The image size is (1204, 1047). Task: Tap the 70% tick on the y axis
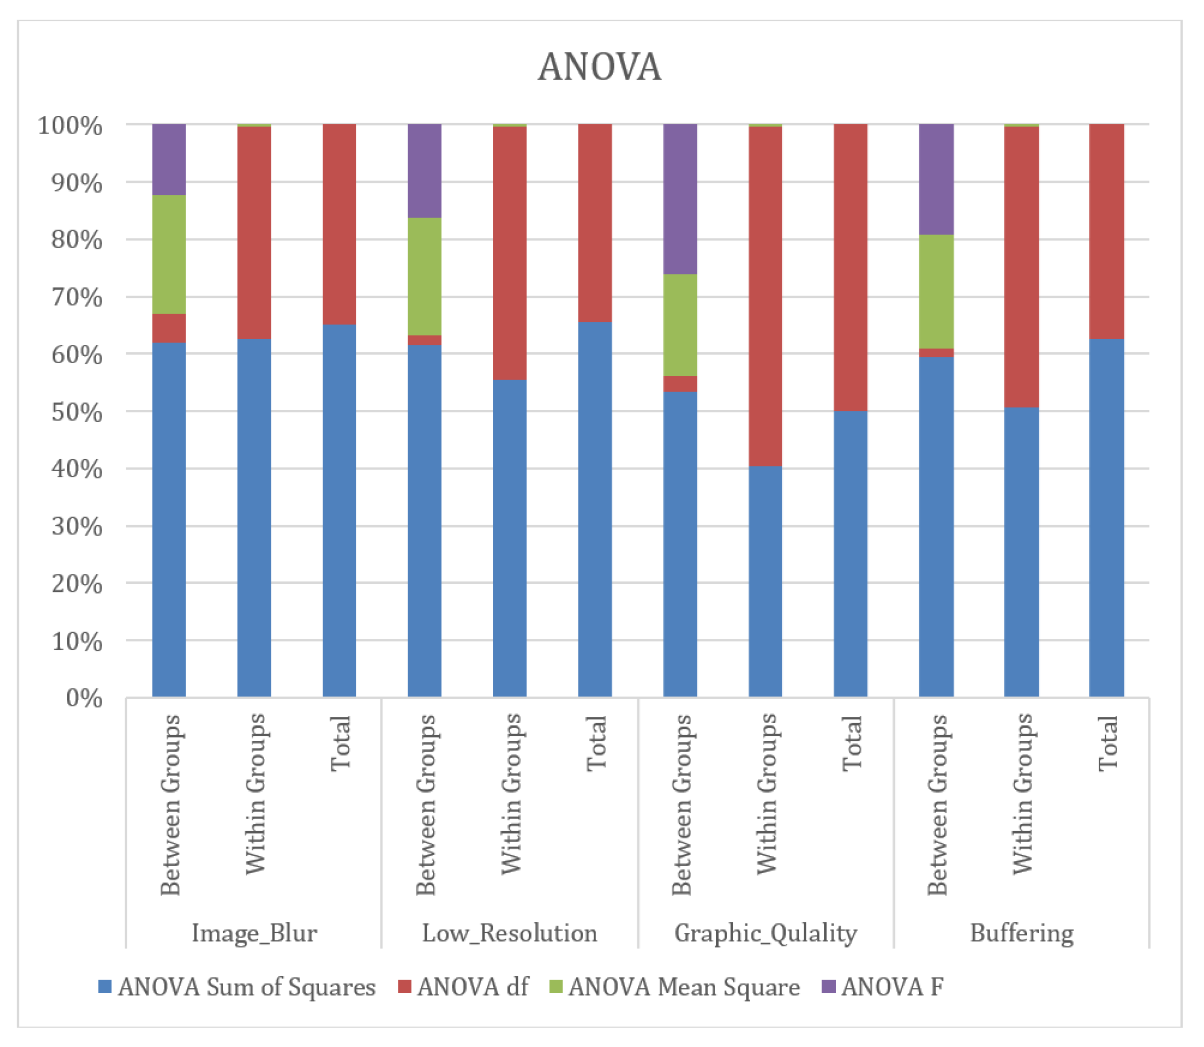76,298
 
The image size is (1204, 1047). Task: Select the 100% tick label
70,126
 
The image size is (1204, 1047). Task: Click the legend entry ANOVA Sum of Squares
237,987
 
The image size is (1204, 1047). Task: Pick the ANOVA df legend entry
463,987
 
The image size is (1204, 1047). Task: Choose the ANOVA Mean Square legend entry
674,987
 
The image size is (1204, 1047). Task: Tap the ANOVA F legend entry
883,987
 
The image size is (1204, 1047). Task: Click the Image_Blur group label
254,933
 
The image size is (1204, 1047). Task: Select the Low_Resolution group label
509,933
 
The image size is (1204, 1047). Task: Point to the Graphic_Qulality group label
765,933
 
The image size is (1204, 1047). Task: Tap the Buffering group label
1021,933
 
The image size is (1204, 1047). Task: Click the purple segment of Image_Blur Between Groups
169,159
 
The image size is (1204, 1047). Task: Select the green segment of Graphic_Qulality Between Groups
680,325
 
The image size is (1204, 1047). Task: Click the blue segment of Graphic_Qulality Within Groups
765,581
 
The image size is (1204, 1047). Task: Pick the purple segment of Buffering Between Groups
936,179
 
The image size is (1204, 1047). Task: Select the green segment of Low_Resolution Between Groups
424,276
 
